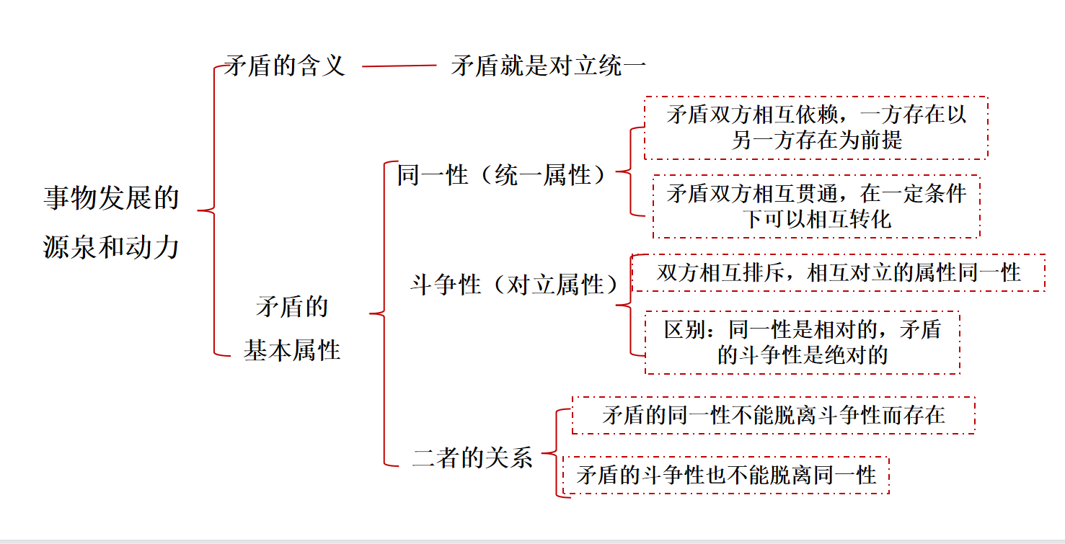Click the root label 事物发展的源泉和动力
[111, 222]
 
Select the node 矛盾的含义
[285, 66]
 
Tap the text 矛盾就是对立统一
[548, 66]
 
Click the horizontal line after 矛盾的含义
[399, 66]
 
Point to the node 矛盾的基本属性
[292, 329]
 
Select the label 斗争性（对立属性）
[514, 285]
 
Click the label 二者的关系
[472, 458]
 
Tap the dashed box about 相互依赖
[816, 128]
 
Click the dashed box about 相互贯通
[816, 206]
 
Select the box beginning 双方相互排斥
[839, 272]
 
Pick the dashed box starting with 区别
[802, 342]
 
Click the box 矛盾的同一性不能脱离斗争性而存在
[773, 415]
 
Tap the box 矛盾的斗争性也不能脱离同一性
[726, 475]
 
